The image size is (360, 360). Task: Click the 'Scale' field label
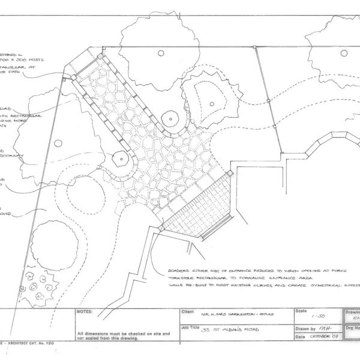click(301, 311)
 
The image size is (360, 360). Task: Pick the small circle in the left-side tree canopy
click(58, 143)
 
